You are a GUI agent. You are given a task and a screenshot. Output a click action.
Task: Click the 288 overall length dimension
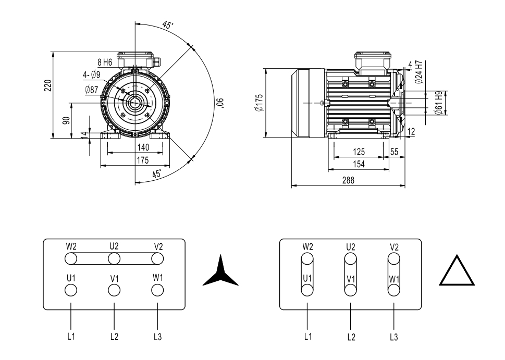[348, 180]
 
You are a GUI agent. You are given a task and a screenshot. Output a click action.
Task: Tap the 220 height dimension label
[47, 86]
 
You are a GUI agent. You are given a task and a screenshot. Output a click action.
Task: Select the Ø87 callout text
[91, 90]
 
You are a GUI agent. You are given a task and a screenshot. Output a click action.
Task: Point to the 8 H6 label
[105, 63]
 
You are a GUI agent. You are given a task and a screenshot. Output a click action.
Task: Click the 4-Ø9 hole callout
[92, 76]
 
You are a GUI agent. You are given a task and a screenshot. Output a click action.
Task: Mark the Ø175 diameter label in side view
[259, 103]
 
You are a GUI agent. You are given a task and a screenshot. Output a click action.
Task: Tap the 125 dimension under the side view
[359, 152]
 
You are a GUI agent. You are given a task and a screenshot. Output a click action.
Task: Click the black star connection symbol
[220, 272]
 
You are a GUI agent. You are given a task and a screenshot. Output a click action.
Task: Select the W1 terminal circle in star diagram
[157, 289]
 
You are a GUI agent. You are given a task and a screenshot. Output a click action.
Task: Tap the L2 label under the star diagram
[114, 337]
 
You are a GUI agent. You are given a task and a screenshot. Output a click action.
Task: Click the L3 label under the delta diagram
[394, 337]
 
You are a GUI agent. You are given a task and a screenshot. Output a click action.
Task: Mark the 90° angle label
[221, 103]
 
